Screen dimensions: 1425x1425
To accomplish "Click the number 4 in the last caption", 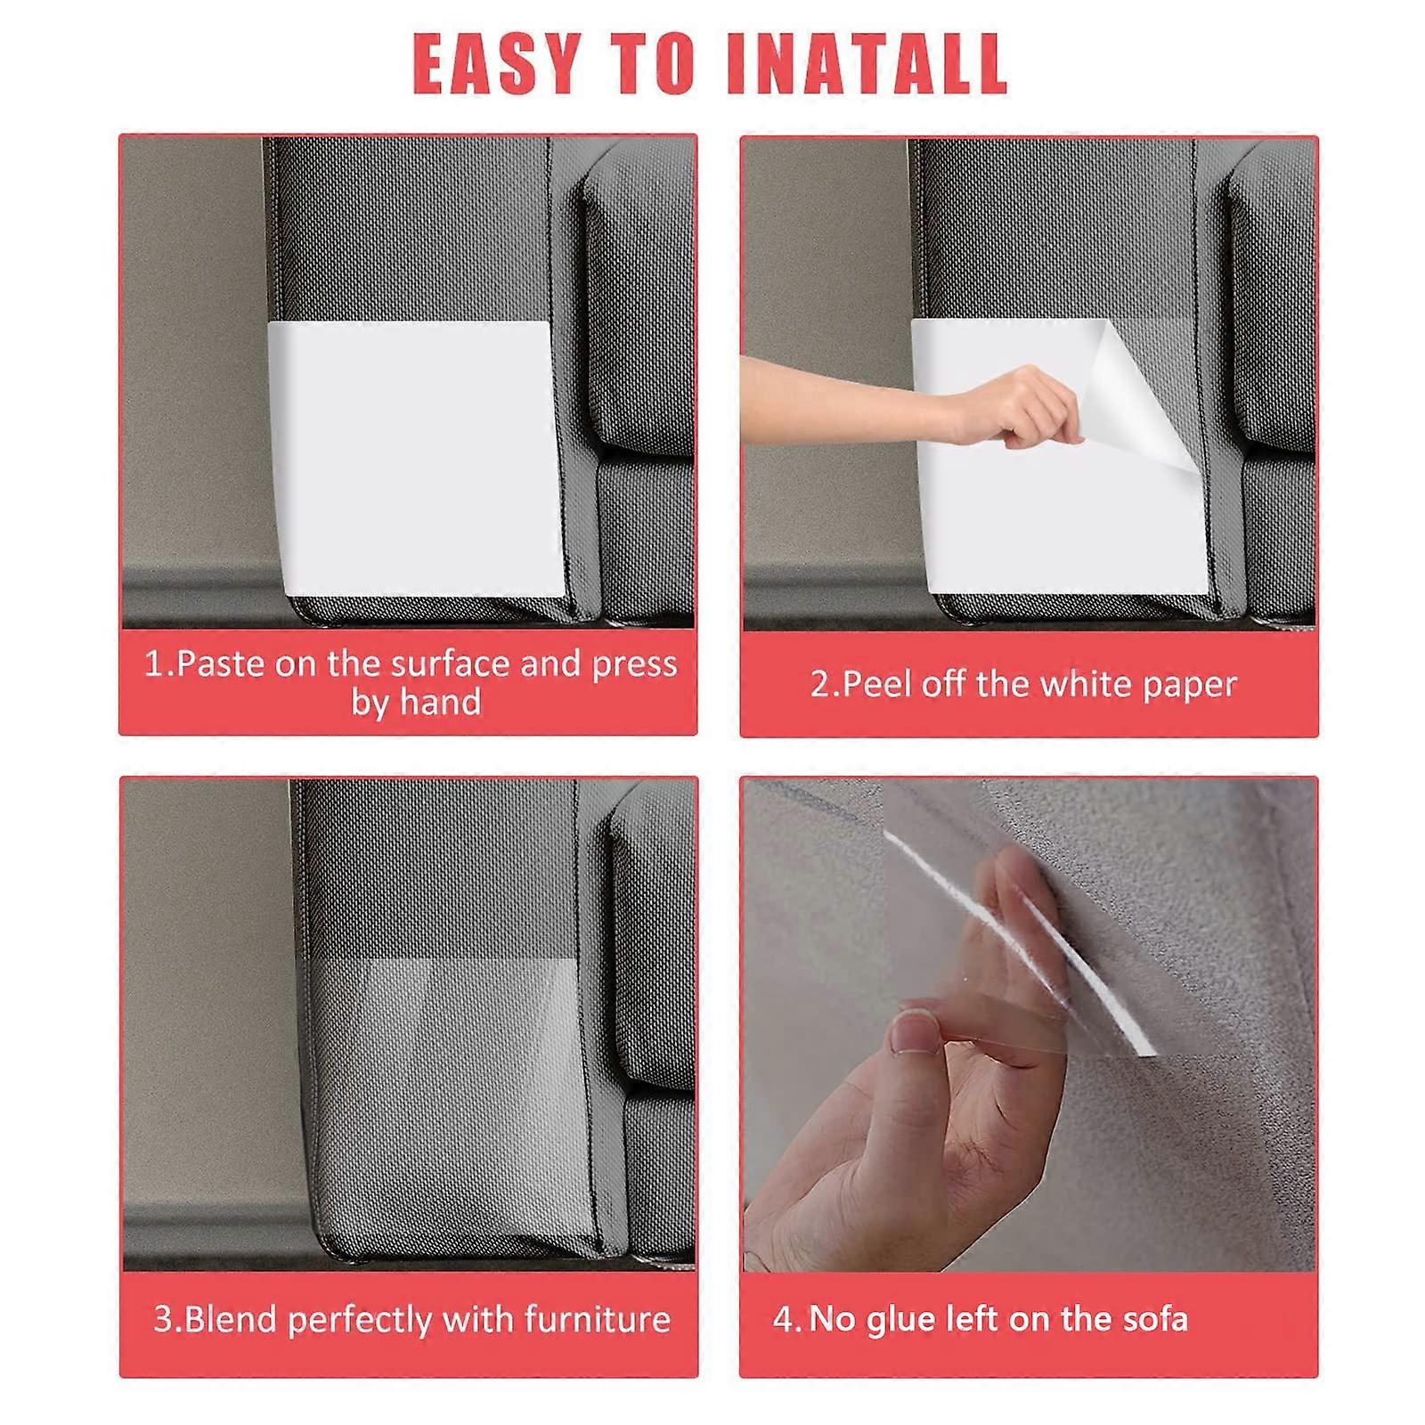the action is pyautogui.click(x=782, y=1319).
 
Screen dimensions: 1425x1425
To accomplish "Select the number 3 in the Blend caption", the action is pyautogui.click(x=163, y=1319).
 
